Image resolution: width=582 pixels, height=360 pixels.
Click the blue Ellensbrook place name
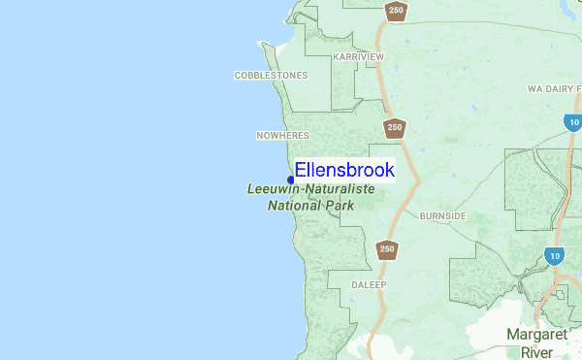pyautogui.click(x=344, y=170)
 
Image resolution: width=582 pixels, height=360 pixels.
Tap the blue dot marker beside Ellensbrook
pyautogui.click(x=291, y=180)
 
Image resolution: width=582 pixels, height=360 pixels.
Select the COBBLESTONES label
pyautogui.click(x=271, y=75)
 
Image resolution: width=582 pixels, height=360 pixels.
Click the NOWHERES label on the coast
pyautogui.click(x=281, y=135)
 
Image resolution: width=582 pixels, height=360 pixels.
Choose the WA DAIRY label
pyautogui.click(x=553, y=88)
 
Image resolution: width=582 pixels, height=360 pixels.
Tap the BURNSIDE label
pyautogui.click(x=442, y=215)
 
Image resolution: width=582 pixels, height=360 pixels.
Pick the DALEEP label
pyautogui.click(x=368, y=285)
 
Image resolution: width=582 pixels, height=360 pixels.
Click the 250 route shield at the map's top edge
pyautogui.click(x=395, y=11)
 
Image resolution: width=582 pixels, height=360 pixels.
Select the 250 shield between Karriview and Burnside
pyautogui.click(x=394, y=127)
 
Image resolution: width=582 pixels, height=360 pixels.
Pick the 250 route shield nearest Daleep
pyautogui.click(x=387, y=249)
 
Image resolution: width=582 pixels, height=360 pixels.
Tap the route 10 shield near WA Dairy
pyautogui.click(x=572, y=122)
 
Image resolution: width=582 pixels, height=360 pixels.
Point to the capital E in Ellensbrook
pyautogui.click(x=301, y=170)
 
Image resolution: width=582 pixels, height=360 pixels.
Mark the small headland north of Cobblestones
pyautogui.click(x=265, y=44)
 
